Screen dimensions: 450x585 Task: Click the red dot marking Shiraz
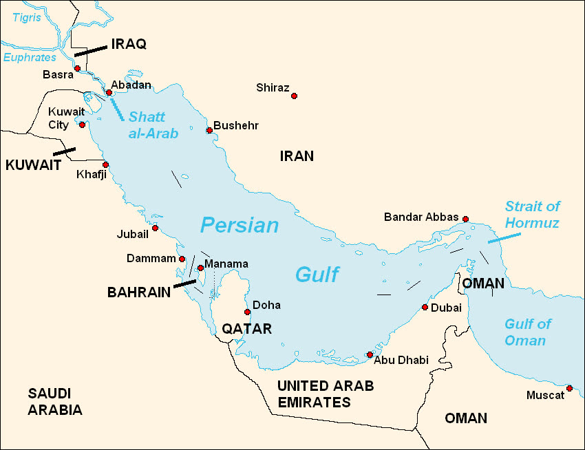[x=294, y=96]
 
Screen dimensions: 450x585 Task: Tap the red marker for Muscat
[x=569, y=389]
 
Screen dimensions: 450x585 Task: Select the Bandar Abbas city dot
[x=465, y=219]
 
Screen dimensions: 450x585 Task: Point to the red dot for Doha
[x=247, y=312]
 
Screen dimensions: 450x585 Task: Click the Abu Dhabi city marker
[x=370, y=354]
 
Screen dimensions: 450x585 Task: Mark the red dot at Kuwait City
[x=82, y=125]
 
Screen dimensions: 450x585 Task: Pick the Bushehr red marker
[x=209, y=130]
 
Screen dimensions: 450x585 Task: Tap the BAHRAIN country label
[x=139, y=292]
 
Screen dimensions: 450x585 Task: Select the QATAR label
[x=246, y=329]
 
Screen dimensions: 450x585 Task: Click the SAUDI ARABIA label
[x=55, y=402]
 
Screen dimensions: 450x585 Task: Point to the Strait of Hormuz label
[x=532, y=215]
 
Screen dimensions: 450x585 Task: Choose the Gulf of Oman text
[x=528, y=332]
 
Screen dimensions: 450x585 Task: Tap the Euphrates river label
[x=30, y=58]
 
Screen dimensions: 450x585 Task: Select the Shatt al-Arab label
[x=153, y=125]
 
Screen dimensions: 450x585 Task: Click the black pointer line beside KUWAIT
[x=65, y=151]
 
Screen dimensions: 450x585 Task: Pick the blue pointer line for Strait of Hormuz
[x=504, y=237]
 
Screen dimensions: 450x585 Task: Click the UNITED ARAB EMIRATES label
[x=325, y=394]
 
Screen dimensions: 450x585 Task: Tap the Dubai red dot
[x=425, y=308]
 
